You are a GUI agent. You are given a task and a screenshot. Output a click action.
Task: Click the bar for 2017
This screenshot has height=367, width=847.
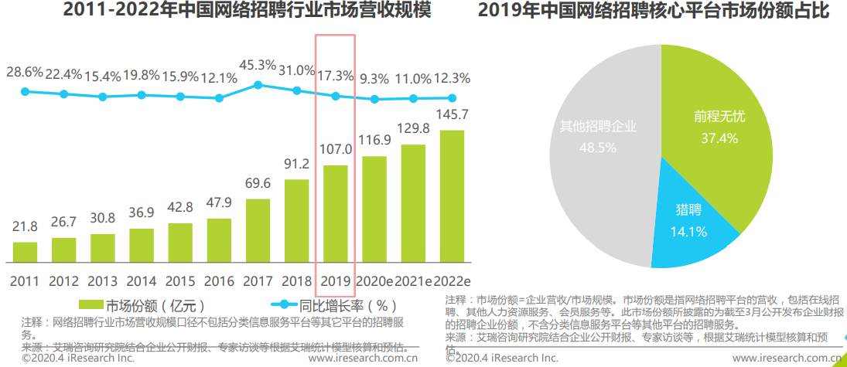[x=258, y=231]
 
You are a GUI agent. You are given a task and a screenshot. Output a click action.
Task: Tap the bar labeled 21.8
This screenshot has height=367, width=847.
[x=26, y=253]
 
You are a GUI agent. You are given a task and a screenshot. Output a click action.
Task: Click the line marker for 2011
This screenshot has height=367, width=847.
[x=25, y=92]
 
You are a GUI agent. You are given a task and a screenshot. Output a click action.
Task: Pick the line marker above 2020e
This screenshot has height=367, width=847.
[x=374, y=99]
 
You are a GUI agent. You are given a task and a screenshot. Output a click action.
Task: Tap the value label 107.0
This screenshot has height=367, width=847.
[x=336, y=148]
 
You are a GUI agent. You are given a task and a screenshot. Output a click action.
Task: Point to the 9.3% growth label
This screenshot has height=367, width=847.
[x=374, y=79]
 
